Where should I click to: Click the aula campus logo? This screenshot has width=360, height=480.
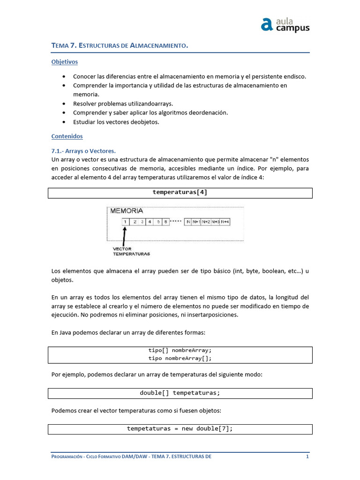(x=285, y=24)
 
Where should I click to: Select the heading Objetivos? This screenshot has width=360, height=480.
(x=64, y=62)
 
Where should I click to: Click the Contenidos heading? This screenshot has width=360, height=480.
(x=67, y=136)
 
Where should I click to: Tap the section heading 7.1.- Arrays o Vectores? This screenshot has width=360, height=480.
(x=83, y=151)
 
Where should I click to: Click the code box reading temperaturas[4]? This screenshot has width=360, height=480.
(x=180, y=193)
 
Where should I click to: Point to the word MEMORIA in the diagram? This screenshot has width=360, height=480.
(x=127, y=211)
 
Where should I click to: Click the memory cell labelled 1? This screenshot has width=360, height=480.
(x=126, y=222)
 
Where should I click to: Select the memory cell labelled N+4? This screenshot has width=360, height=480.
(x=225, y=222)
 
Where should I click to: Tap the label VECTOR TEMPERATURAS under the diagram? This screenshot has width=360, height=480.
(x=131, y=251)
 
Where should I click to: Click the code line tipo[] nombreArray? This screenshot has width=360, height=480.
(x=180, y=350)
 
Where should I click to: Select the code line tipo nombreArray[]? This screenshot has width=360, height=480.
(x=180, y=359)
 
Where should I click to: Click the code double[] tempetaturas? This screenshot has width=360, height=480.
(x=180, y=393)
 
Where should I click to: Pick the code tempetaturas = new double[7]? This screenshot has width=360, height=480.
(x=180, y=428)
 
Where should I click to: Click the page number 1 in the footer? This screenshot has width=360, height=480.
(x=307, y=457)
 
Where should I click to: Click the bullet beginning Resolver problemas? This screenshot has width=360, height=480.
(x=123, y=104)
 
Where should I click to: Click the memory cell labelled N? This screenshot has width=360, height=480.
(x=188, y=222)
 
